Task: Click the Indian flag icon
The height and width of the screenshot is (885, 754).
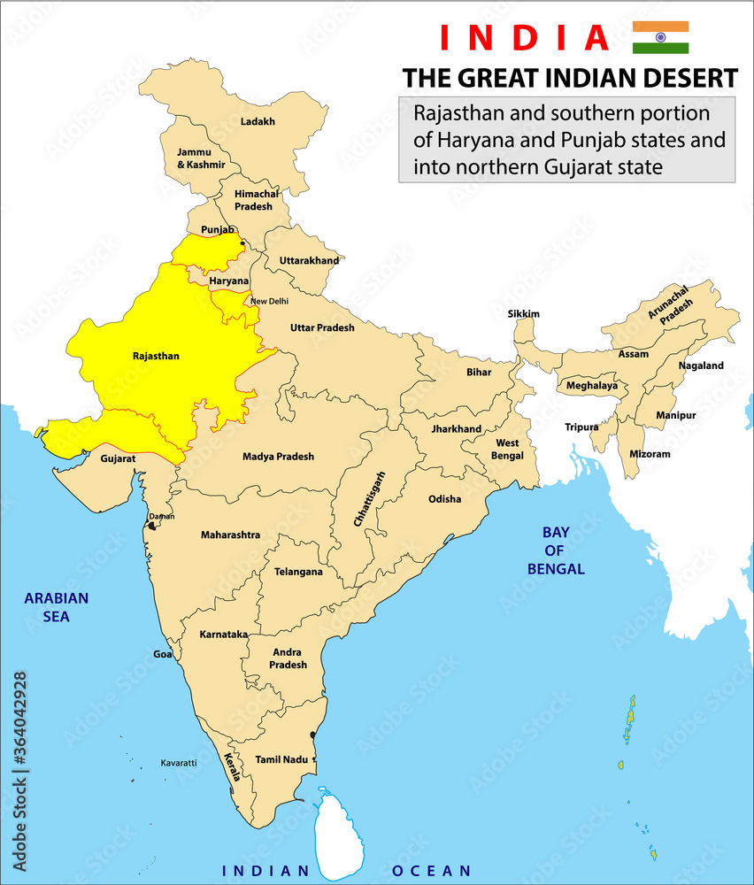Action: click(x=660, y=37)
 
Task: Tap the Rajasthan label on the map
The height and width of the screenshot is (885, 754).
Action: click(x=156, y=357)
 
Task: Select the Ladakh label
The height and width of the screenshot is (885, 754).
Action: click(x=258, y=121)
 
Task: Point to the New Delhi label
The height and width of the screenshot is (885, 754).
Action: click(x=269, y=302)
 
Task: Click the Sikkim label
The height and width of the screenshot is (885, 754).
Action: click(x=524, y=314)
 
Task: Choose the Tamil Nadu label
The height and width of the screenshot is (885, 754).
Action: click(x=281, y=759)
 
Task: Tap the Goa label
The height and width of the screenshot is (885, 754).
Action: click(x=163, y=654)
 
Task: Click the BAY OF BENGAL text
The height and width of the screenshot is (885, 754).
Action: click(x=556, y=550)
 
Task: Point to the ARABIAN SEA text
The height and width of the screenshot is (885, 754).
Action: click(x=57, y=607)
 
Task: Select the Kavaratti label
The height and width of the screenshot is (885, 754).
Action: click(x=178, y=762)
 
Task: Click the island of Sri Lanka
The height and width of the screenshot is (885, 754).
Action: click(x=338, y=832)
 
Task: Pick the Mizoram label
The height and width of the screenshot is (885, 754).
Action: click(x=650, y=454)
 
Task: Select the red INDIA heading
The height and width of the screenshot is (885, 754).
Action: click(x=524, y=37)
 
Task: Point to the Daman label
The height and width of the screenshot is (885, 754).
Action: click(x=162, y=516)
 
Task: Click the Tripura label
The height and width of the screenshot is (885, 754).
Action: click(x=582, y=427)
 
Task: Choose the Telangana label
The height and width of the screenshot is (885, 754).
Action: click(x=298, y=572)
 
